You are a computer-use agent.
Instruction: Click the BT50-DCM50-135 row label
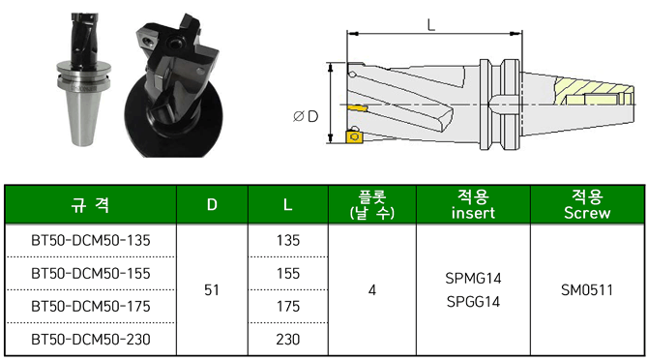[x=91, y=241]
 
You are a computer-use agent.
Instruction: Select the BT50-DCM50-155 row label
[x=91, y=274]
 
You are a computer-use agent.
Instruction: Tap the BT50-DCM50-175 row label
[x=91, y=307]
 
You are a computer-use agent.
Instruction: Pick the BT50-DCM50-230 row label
[x=91, y=340]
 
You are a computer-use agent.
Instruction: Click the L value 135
[x=288, y=241]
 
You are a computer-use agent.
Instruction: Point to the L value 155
[x=288, y=274]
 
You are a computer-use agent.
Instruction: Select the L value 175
[x=288, y=307]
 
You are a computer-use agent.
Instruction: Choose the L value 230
[x=288, y=340]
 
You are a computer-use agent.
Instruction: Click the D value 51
[x=212, y=290]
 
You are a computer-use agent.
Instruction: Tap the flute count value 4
[x=372, y=290]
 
